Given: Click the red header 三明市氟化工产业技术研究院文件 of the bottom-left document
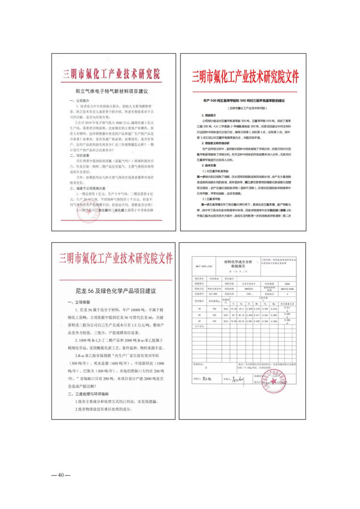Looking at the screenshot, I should point(116,259).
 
